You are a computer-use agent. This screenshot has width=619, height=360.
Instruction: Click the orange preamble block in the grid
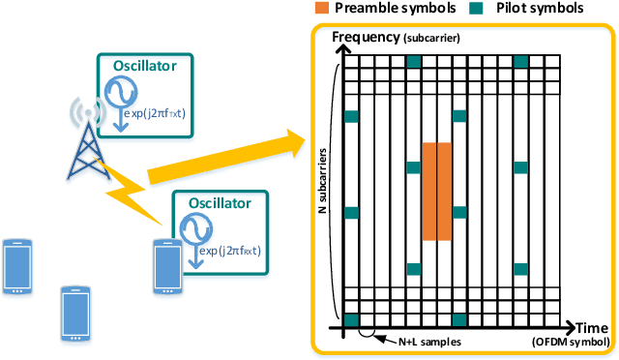[x=436, y=192]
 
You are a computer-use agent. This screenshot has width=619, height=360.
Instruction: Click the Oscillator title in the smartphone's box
[x=219, y=203]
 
